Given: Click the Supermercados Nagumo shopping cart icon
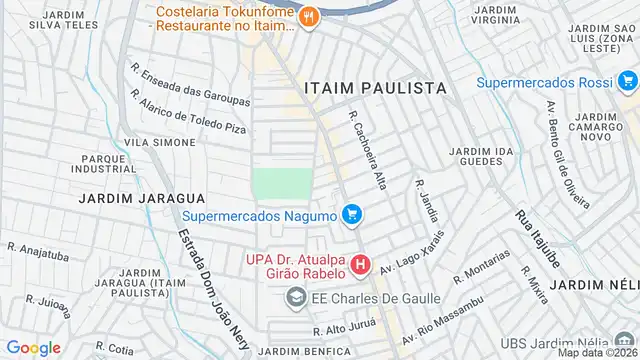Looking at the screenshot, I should [x=351, y=214].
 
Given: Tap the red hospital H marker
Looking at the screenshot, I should [x=360, y=266].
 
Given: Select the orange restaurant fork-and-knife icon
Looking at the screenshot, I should [x=309, y=16].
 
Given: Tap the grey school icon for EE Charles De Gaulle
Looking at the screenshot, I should [x=296, y=297].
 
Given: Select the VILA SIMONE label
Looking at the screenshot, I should [x=160, y=143].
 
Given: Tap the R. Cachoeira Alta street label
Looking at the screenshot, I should [x=367, y=149].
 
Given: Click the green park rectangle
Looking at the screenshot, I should [x=281, y=184].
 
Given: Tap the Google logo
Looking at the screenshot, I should [x=33, y=347].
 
